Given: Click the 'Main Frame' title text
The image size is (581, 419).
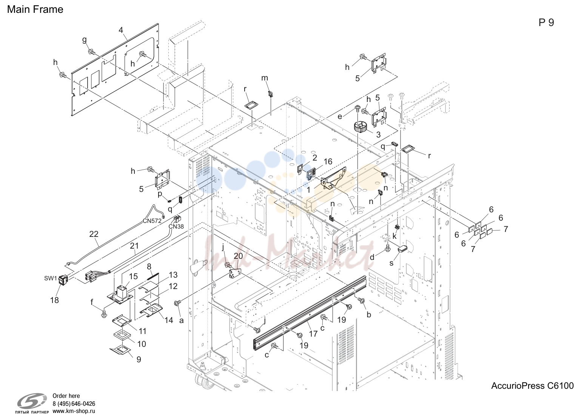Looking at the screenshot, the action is point(35,9).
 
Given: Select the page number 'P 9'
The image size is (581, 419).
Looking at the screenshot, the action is point(546,23).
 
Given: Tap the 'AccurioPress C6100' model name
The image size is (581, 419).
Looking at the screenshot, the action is point(532,386).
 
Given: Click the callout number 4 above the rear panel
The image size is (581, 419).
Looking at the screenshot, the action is point(121,30).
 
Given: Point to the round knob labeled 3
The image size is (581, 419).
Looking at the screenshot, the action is point(360,127).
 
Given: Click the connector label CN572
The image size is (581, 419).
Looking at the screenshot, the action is point(152,221).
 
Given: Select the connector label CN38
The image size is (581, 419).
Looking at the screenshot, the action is point(176,226).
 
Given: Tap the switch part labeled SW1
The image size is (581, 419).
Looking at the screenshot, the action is point(63,280).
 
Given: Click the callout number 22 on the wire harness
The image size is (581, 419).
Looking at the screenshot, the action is point(94,234).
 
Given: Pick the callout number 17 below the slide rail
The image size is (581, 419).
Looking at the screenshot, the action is point(313,334).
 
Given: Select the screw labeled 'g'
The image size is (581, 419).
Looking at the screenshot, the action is point(91,52).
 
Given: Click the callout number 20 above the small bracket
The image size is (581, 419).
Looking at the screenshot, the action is point(238,256).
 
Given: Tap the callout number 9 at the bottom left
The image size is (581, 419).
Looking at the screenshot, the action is point(139,359).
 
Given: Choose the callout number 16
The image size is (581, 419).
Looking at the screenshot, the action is point(328,161).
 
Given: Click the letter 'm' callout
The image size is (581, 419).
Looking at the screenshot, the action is point(265,78).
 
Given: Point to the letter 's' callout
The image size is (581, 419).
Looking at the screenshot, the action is point(391,263).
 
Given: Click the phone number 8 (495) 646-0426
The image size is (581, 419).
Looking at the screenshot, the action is point(74,404).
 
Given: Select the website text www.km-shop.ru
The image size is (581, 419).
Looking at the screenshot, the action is point(74,411).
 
